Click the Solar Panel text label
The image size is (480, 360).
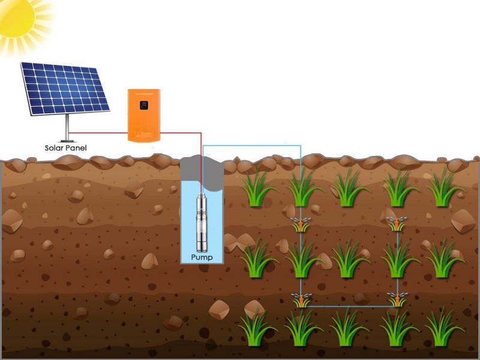[x=65, y=148]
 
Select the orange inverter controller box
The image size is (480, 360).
[x=143, y=115]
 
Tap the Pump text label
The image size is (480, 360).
[x=202, y=257]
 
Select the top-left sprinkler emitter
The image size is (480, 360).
[x=300, y=226]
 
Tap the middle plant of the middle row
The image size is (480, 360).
[x=349, y=259]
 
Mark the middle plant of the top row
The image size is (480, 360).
[x=349, y=188]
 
